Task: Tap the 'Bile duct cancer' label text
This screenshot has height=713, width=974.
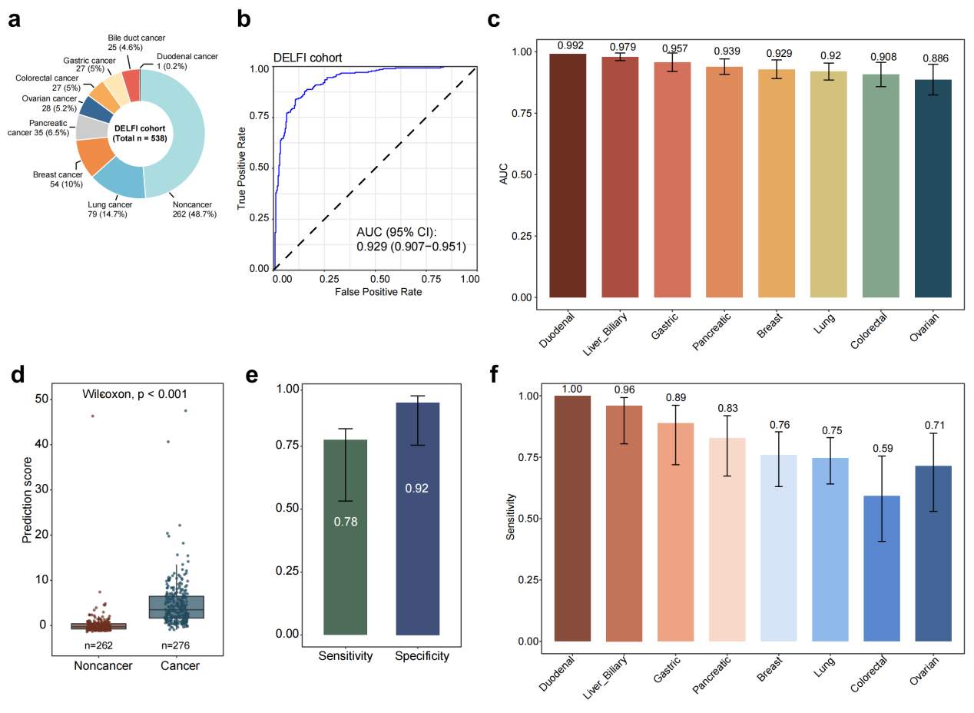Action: point(137,38)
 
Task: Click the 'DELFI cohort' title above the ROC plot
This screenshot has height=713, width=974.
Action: point(307,58)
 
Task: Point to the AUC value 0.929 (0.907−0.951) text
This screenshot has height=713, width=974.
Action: point(411,247)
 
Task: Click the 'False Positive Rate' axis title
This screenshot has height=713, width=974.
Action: point(378,292)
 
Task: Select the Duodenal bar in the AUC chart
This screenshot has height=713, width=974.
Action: point(568,176)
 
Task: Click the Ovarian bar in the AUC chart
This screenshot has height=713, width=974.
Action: point(933,188)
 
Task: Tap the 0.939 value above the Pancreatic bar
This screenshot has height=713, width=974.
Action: point(727,51)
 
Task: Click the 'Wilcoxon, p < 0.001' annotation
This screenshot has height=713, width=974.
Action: point(134,394)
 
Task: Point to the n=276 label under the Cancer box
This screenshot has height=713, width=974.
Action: point(176,645)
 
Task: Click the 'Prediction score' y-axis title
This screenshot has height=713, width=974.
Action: point(27,500)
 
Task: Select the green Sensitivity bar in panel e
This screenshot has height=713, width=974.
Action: point(346,537)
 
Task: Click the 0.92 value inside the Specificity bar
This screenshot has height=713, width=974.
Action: point(417,489)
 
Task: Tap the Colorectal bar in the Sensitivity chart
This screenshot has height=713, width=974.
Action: point(882,569)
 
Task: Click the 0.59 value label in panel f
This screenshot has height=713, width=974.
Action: point(883,449)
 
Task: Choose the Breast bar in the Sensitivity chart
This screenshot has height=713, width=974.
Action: point(779,548)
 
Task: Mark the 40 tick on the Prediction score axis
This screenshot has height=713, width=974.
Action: point(41,444)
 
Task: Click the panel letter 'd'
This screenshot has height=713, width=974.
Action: point(18,375)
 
